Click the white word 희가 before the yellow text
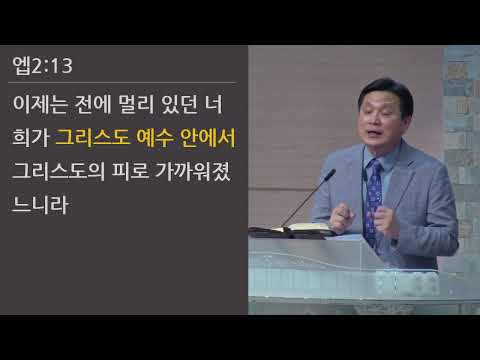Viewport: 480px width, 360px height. tap(31, 136)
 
